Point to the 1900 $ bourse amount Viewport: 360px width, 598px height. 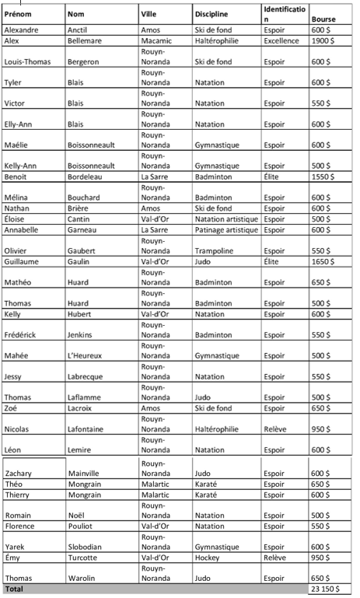point(322,40)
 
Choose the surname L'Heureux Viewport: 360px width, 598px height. point(86,355)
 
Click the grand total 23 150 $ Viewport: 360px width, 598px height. point(326,589)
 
